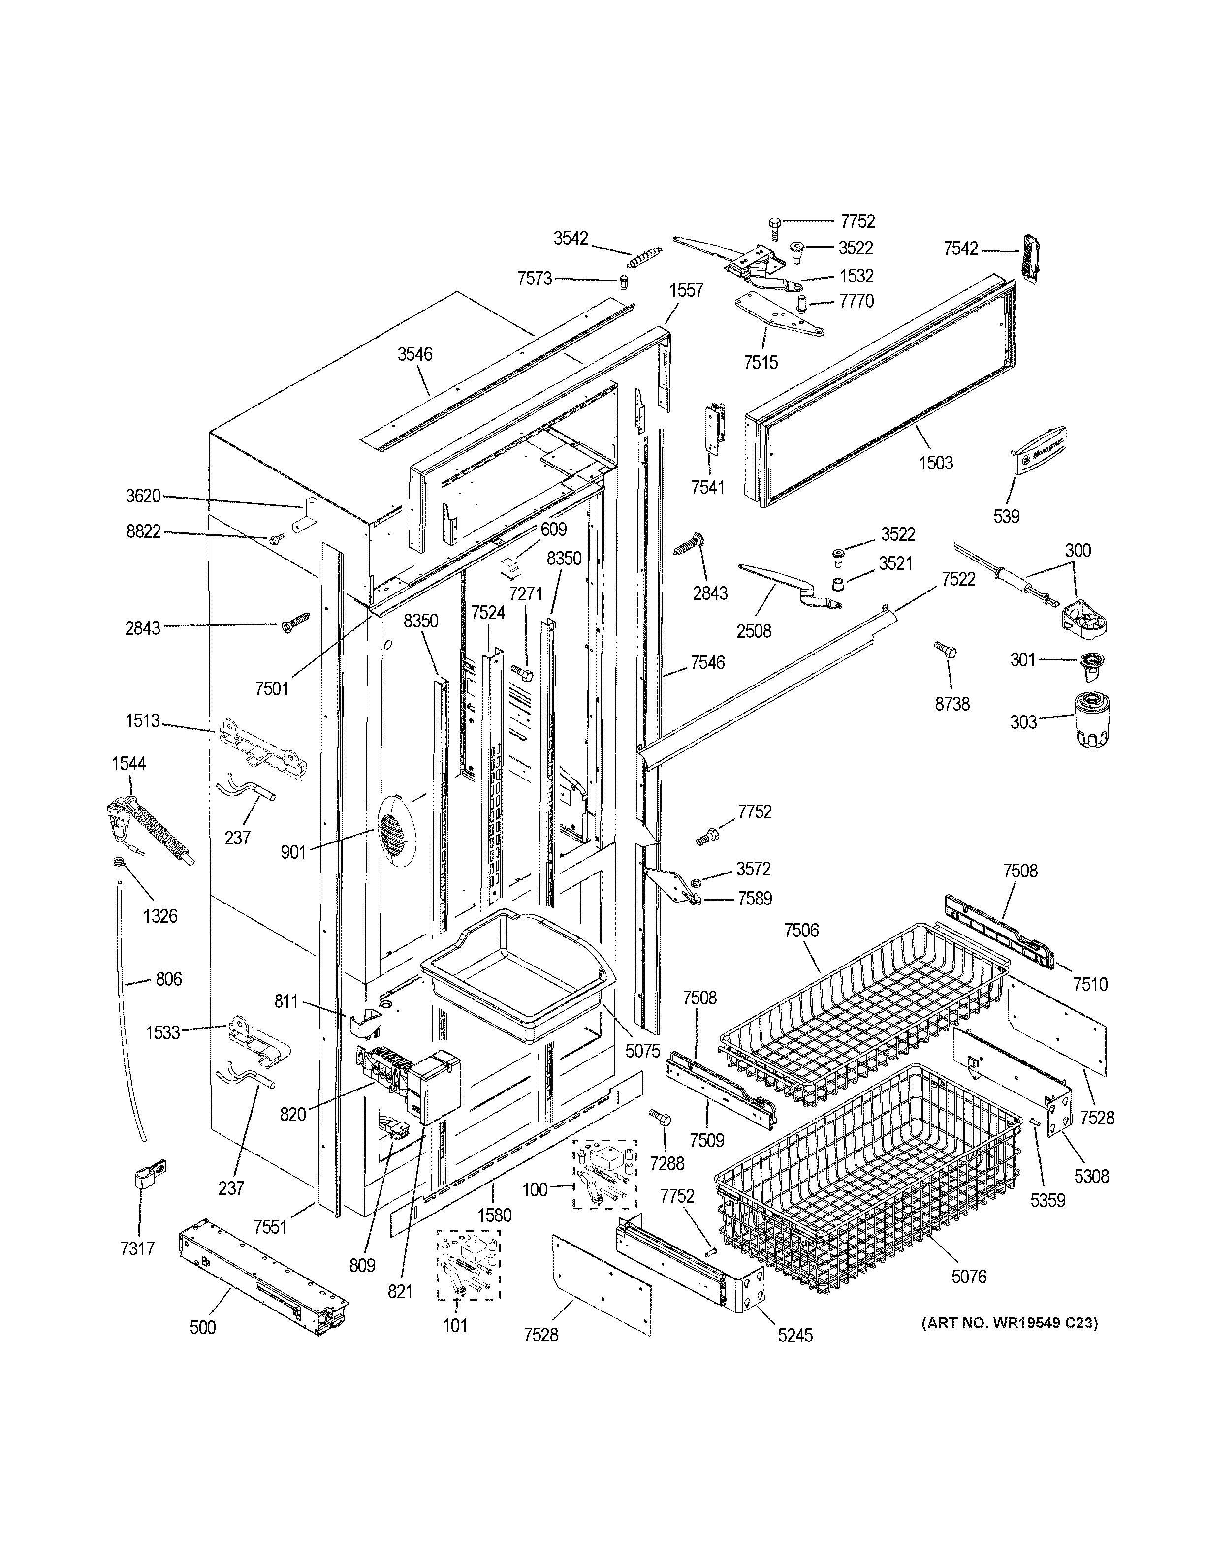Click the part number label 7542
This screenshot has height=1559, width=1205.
coord(960,249)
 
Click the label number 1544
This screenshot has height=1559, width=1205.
coord(128,763)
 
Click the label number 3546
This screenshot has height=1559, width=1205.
coord(415,354)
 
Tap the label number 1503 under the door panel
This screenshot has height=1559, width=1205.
coord(935,463)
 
